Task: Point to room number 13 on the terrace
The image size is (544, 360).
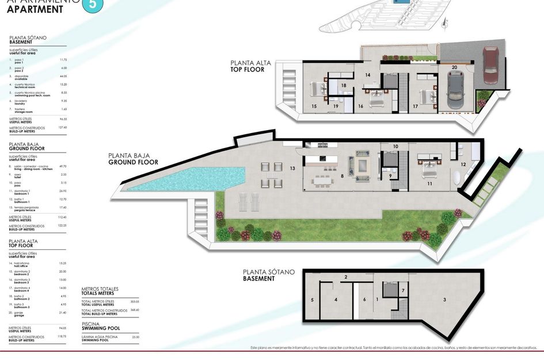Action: [x=292, y=168]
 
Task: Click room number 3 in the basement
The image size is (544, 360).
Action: [x=444, y=300]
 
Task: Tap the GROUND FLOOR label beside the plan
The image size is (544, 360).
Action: [x=133, y=162]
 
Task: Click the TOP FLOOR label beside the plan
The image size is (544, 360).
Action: [x=247, y=70]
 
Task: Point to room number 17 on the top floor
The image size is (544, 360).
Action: [x=415, y=106]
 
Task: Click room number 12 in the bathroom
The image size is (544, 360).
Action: [x=463, y=165]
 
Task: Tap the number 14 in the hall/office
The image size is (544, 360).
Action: [x=367, y=75]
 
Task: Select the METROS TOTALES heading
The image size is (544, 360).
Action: [x=100, y=289]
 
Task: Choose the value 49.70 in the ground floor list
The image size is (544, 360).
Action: [x=63, y=166]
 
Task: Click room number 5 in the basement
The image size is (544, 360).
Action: [x=312, y=300]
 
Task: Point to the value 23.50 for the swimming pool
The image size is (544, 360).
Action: [x=136, y=338]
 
